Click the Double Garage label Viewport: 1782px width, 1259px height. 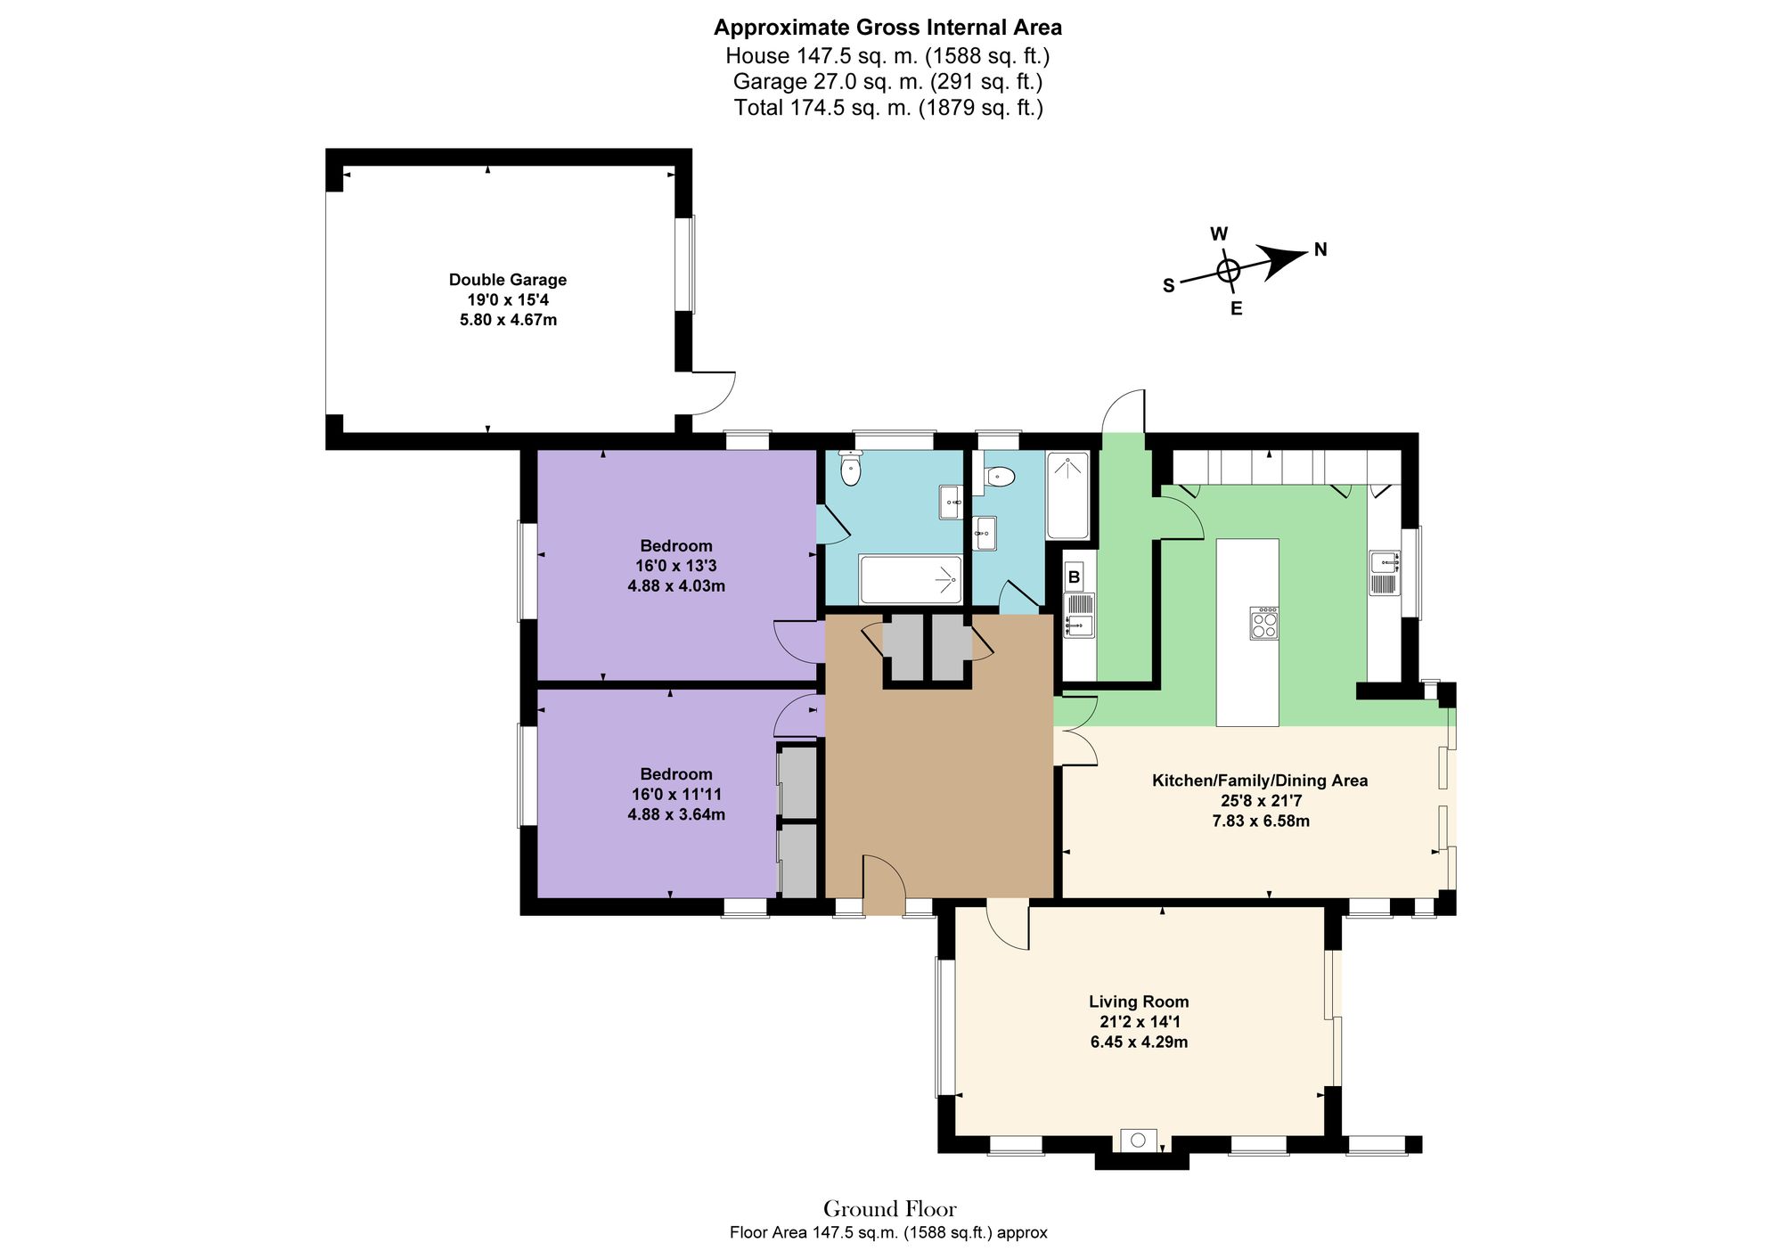pos(507,280)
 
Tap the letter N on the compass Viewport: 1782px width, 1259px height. pos(1320,250)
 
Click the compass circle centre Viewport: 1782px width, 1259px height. pos(1228,271)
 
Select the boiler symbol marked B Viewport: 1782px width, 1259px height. pos(1075,577)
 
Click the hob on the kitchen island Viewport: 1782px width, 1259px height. pos(1263,623)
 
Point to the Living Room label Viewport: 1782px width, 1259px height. pos(1138,1001)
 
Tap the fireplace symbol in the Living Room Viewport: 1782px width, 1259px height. pos(1138,1140)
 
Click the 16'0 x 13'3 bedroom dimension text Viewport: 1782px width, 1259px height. pos(675,566)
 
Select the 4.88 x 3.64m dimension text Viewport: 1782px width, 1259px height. pos(675,814)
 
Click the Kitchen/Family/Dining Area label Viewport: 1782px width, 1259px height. pos(1260,781)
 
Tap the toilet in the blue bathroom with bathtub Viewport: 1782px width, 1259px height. pos(851,469)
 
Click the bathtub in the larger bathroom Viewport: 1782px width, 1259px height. pos(910,579)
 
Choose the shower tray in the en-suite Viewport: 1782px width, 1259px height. pos(1067,495)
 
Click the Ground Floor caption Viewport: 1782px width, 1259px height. pos(889,1209)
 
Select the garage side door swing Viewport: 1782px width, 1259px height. pos(713,393)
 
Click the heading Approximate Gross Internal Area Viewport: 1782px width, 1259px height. pos(887,28)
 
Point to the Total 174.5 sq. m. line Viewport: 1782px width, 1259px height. pos(887,108)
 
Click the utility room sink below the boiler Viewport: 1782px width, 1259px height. pos(1078,626)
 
